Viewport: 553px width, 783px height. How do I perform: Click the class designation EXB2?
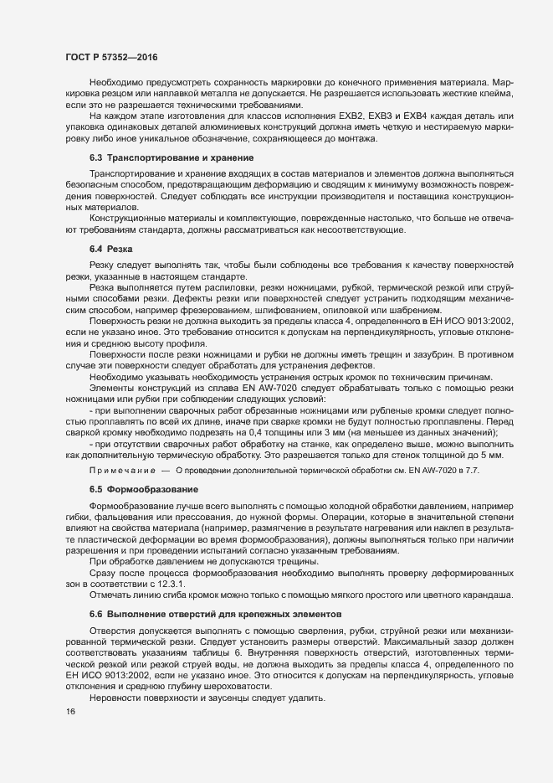tap(355, 116)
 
